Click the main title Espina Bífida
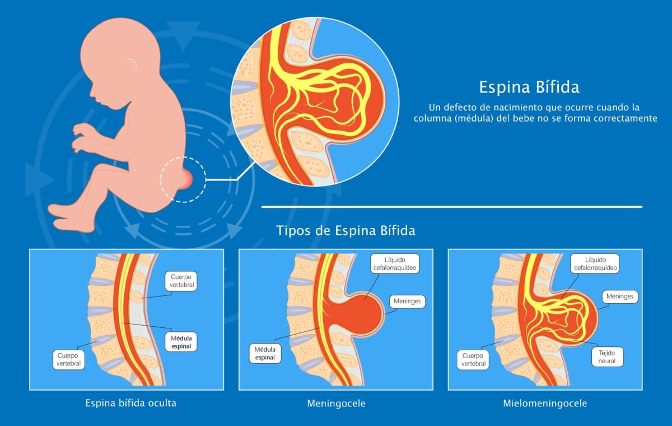click(529, 87)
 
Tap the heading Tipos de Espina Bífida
click(346, 230)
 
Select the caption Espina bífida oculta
click(131, 403)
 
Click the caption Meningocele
click(336, 404)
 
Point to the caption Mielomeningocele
click(545, 403)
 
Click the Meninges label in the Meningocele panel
click(407, 301)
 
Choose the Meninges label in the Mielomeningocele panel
click(620, 297)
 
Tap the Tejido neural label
click(607, 357)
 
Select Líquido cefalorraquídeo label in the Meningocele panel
click(395, 263)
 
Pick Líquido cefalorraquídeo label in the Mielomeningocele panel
click(595, 263)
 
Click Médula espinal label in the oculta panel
click(181, 342)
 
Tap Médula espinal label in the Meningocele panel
click(265, 353)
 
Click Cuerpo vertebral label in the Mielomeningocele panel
click(473, 359)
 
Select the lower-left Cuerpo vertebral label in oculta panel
click(69, 359)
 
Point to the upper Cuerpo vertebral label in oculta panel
click(181, 281)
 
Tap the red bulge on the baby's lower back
click(186, 179)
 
